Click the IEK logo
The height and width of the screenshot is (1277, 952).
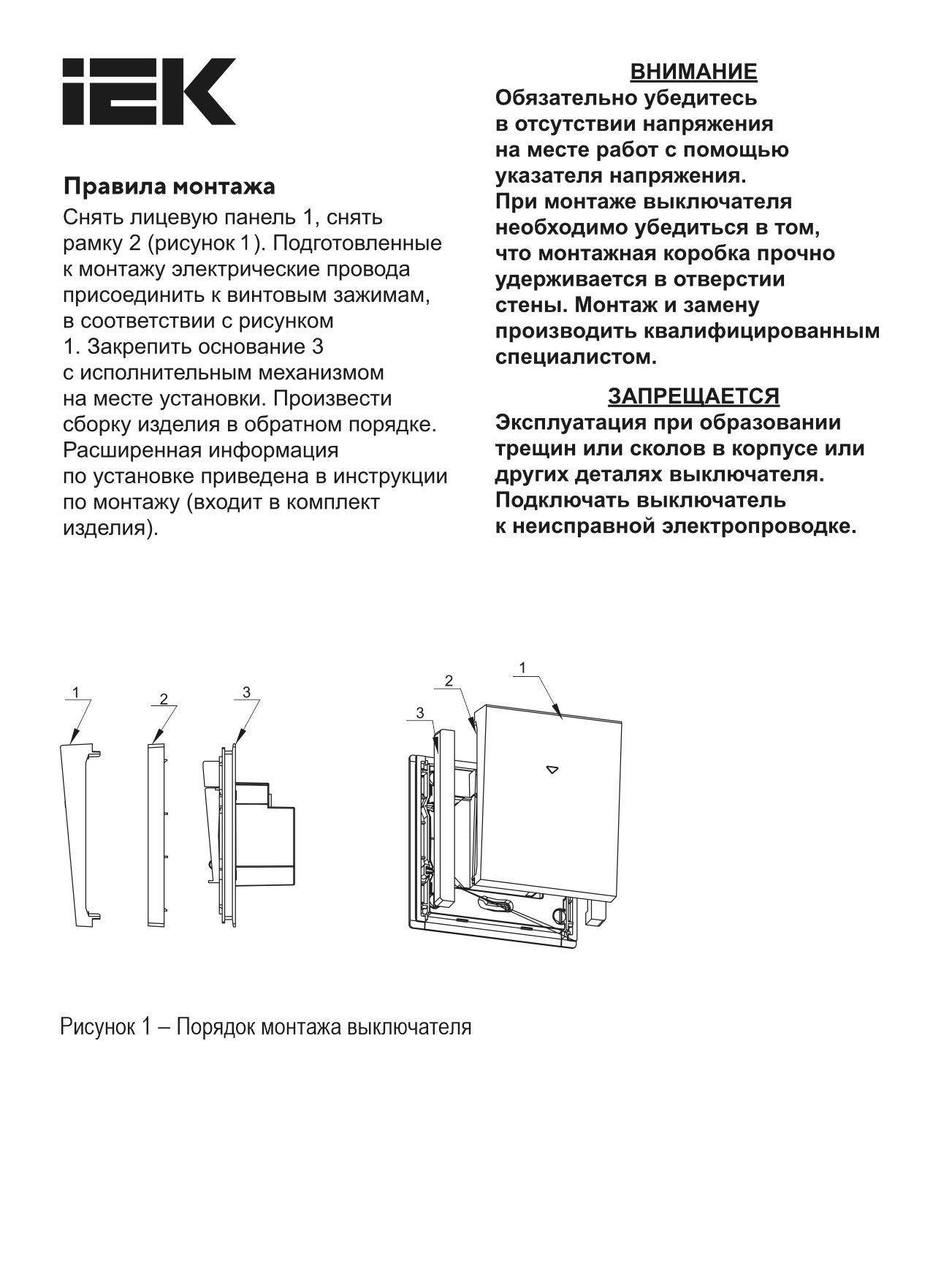(148, 91)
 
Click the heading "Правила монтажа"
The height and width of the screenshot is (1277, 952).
(170, 186)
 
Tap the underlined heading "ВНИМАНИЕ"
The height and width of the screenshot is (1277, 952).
(693, 72)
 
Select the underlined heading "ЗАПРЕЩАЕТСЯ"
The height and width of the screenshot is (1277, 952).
(693, 396)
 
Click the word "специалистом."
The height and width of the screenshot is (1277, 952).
(576, 357)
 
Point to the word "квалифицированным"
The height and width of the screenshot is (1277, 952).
(762, 331)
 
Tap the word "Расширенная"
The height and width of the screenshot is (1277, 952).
(131, 450)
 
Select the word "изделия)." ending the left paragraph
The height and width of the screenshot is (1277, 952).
(110, 528)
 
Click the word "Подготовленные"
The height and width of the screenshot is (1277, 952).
(357, 243)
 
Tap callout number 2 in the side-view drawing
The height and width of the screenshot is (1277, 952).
(164, 699)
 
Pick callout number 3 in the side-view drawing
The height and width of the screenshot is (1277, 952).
(246, 691)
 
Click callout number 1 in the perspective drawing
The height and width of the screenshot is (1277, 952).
(522, 667)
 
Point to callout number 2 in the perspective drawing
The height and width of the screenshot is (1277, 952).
(449, 681)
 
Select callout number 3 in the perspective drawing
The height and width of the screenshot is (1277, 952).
(419, 713)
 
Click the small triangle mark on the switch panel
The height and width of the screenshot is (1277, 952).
(552, 769)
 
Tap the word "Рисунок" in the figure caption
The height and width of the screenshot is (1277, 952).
(98, 1027)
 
